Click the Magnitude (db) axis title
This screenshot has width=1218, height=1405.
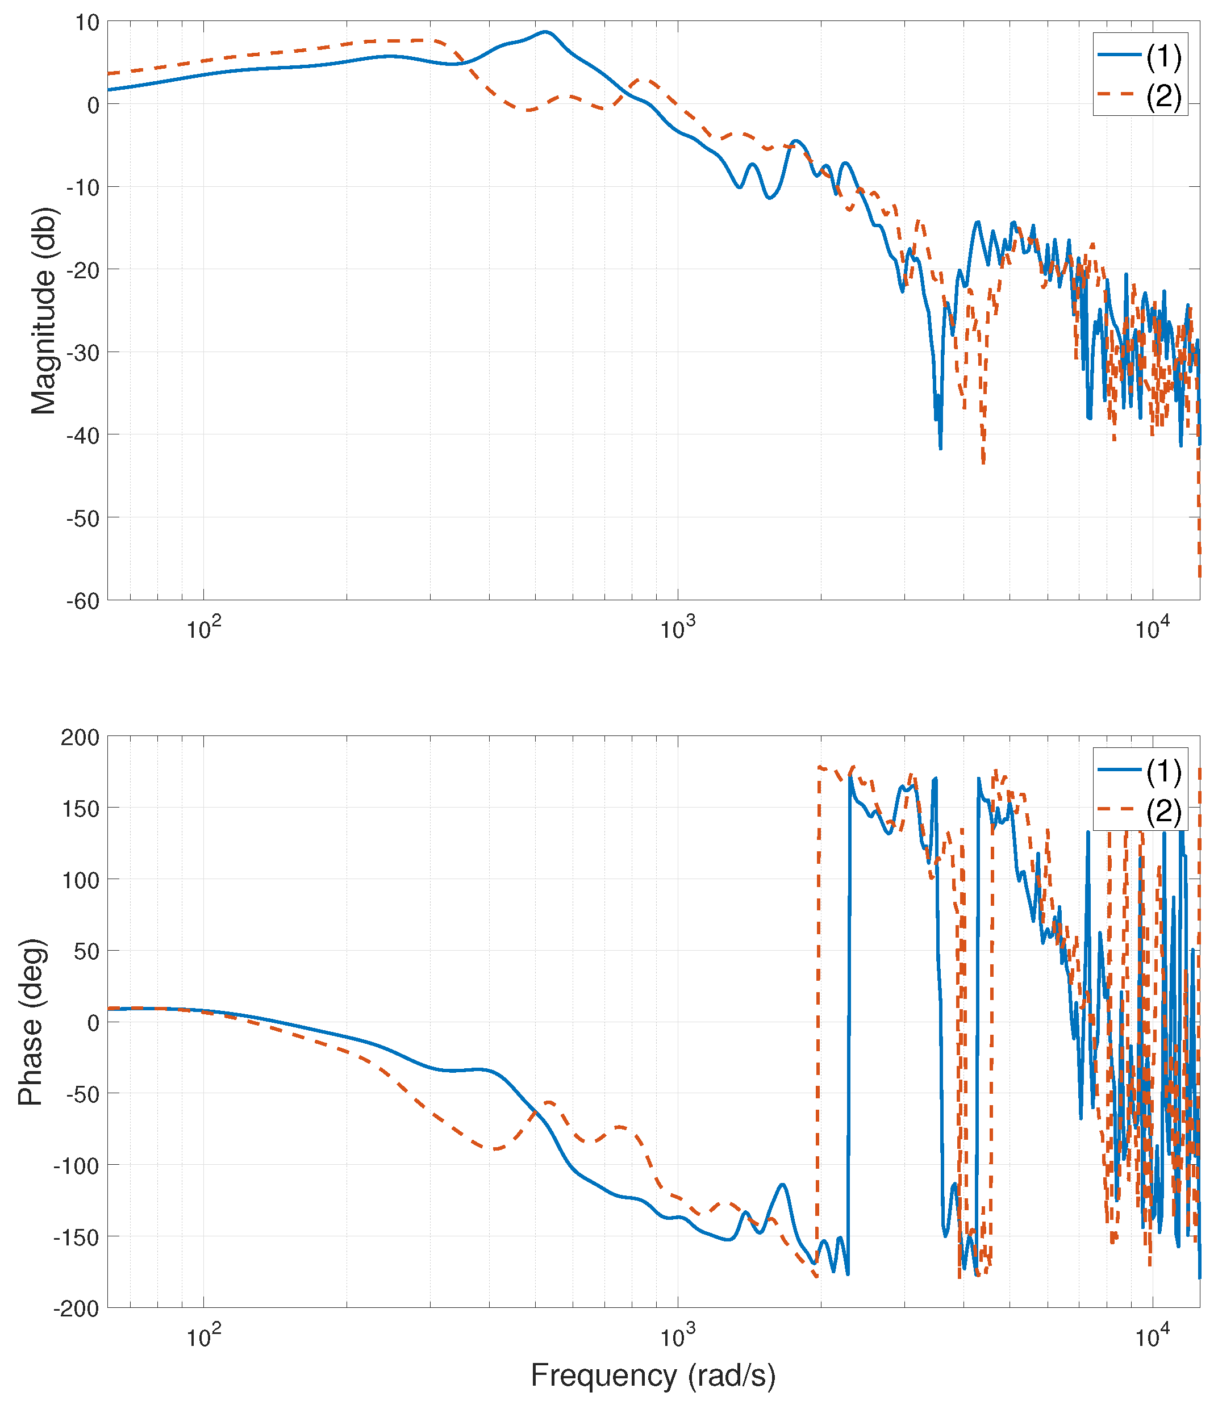(45, 311)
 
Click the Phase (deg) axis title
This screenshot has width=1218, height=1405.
(31, 1022)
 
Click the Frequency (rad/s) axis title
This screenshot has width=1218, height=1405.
(653, 1374)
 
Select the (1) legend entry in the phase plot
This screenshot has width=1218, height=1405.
(1163, 771)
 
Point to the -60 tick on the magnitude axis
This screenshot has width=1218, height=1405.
(82, 601)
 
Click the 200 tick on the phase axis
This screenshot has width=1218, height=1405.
(80, 737)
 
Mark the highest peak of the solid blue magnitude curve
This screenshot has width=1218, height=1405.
(546, 31)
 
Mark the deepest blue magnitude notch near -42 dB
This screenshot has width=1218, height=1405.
(941, 448)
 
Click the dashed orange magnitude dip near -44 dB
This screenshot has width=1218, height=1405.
(983, 463)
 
